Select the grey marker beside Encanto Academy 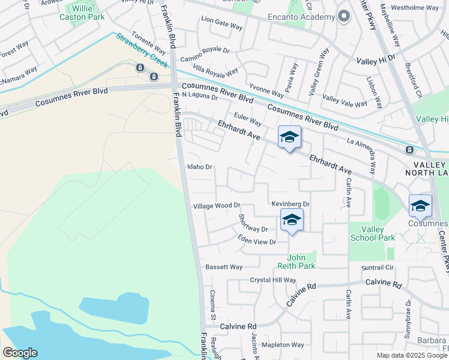click(x=344, y=16)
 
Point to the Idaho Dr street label click(x=200, y=167)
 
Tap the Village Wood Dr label click(x=216, y=206)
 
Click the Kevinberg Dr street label click(x=290, y=205)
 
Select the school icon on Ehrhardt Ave click(x=289, y=138)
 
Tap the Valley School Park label click(x=372, y=233)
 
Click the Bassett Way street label click(x=224, y=267)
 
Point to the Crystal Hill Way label click(x=273, y=280)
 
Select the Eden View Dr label click(x=256, y=242)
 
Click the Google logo click(x=20, y=353)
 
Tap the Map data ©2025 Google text click(x=412, y=355)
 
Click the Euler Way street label click(x=247, y=122)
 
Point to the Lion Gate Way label click(x=221, y=28)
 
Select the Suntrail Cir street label click(x=381, y=268)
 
